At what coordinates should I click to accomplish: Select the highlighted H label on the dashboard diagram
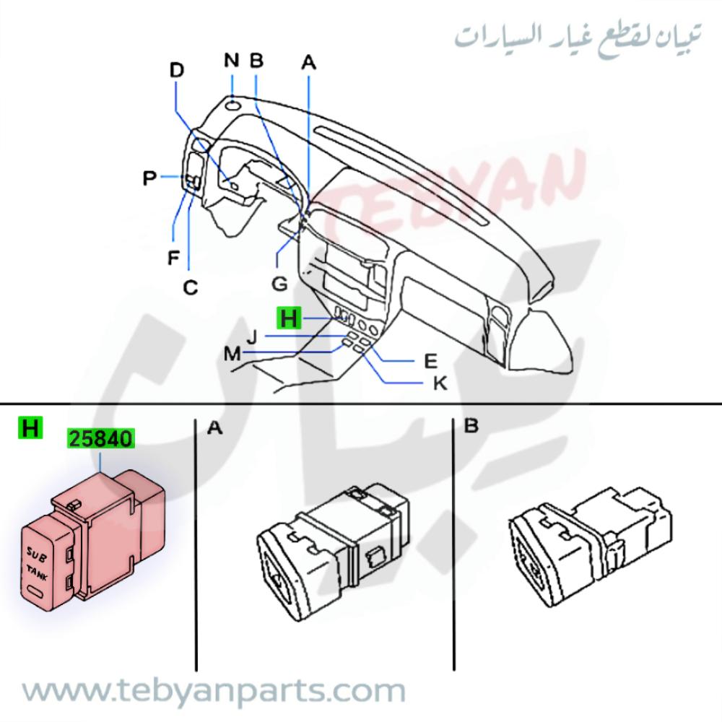[x=289, y=318]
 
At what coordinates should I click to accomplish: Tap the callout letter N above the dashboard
[x=231, y=60]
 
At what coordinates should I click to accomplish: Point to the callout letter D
[x=177, y=70]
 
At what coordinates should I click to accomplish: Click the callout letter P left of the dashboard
[x=149, y=178]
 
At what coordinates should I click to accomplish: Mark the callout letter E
[x=431, y=359]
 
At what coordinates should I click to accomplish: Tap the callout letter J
[x=251, y=336]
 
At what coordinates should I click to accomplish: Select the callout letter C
[x=190, y=287]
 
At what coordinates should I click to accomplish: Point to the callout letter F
[x=173, y=257]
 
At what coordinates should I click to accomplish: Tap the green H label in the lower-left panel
[x=30, y=428]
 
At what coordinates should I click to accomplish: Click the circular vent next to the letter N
[x=232, y=106]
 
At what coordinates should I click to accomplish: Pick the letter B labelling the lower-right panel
[x=471, y=427]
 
